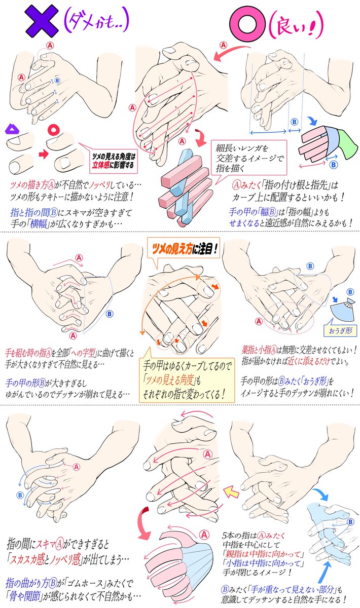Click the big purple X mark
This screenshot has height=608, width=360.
tap(42, 21)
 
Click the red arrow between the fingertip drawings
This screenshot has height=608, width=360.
tap(43, 155)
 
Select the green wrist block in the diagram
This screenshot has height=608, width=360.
tap(347, 144)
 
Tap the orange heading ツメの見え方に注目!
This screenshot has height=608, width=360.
tap(184, 249)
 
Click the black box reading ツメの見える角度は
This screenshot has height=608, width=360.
tap(114, 161)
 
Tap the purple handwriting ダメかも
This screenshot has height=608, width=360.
tap(96, 21)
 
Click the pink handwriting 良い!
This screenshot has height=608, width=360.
tap(295, 25)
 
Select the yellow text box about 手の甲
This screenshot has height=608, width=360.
tap(187, 380)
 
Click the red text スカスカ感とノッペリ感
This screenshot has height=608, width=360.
tap(45, 559)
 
